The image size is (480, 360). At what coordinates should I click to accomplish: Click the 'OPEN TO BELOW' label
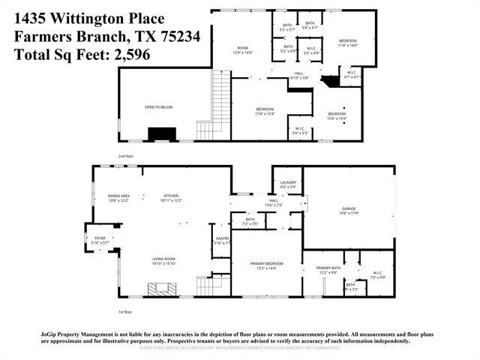(158, 107)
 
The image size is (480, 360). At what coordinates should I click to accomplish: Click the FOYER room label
(100, 240)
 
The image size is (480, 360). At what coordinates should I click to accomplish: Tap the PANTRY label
(222, 240)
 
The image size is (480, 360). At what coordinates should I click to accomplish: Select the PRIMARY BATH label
(328, 269)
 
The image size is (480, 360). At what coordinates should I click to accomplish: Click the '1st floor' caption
(124, 311)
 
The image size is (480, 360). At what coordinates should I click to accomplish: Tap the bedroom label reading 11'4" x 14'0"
(347, 43)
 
